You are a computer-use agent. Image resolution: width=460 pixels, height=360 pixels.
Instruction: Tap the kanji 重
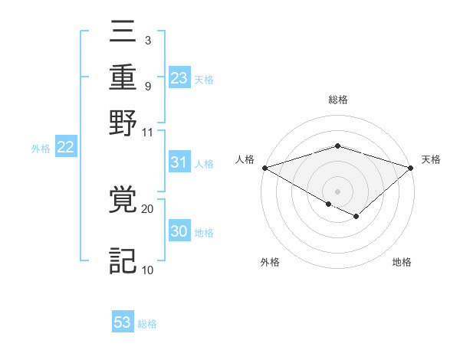tap(123, 78)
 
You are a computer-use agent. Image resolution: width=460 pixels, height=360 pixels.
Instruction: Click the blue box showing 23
tap(179, 78)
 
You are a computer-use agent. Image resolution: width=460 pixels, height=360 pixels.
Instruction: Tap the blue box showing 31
tap(179, 162)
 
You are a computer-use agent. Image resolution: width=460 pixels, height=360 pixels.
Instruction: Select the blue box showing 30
tap(179, 232)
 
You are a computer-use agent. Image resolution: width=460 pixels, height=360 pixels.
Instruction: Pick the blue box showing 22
tap(65, 148)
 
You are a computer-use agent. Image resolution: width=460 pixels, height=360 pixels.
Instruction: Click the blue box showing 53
tap(123, 322)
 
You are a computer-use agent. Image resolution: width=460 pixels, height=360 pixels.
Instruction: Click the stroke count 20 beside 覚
tap(148, 208)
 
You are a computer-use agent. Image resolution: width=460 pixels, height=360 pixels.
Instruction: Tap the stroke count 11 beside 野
tap(147, 131)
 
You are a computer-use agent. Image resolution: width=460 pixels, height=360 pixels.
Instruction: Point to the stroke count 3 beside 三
tap(147, 38)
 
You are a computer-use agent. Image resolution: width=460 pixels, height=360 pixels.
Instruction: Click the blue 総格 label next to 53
tap(147, 324)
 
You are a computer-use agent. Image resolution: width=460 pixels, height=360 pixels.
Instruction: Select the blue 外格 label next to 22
tap(41, 149)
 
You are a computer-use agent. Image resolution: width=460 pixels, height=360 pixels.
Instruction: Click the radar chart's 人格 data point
tap(264, 168)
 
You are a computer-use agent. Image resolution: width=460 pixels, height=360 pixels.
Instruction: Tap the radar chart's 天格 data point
tap(411, 168)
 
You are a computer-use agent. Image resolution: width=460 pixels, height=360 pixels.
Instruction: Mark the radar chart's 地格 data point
tap(356, 217)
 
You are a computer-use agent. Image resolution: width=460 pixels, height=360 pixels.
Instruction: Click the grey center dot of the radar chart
tap(337, 190)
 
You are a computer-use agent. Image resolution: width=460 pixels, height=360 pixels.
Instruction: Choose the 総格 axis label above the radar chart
tap(337, 100)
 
